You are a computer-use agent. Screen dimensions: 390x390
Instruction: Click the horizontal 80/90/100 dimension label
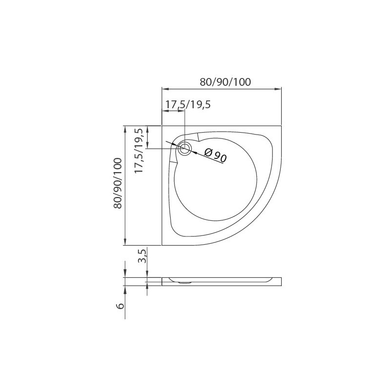pos(225,82)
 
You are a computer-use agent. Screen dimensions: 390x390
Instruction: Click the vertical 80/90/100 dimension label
pos(117,183)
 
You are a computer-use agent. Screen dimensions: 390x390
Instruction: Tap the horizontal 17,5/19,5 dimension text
pos(188,104)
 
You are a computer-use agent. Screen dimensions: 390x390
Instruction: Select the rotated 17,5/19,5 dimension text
pos(139,151)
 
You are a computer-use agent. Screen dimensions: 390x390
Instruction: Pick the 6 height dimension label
pos(120,306)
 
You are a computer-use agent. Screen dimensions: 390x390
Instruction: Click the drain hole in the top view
pos(185,149)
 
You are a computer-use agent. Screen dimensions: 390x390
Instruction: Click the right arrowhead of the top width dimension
pos(278,89)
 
